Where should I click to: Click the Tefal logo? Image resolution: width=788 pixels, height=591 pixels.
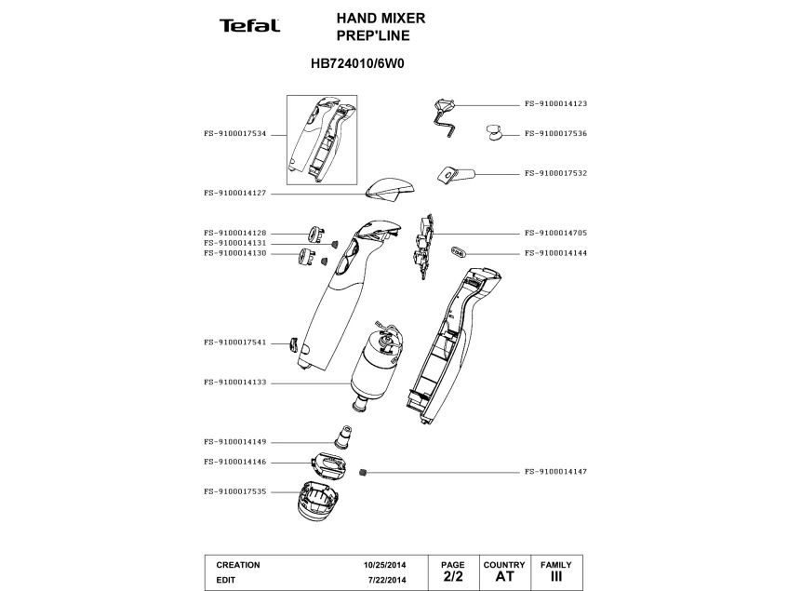[x=249, y=25]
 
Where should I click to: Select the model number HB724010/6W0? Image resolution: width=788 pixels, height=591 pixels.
[x=358, y=65]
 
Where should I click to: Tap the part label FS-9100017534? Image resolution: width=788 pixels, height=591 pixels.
[x=234, y=133]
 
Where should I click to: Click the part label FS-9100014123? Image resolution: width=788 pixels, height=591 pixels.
[x=555, y=104]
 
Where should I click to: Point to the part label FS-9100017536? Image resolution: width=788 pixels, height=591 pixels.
[x=555, y=133]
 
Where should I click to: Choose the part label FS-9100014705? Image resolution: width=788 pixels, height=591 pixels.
[x=555, y=233]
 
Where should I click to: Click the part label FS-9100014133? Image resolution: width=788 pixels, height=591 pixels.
[x=234, y=382]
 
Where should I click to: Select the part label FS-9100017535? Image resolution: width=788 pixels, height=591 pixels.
[x=234, y=490]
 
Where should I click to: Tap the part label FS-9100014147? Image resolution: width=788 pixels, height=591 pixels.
[x=555, y=472]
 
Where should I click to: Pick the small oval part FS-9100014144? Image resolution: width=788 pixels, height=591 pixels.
[x=459, y=251]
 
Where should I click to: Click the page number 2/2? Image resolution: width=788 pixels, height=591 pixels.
[x=452, y=577]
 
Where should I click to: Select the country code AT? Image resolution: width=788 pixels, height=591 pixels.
[x=504, y=577]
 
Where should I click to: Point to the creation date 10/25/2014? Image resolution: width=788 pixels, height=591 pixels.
[x=382, y=565]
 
